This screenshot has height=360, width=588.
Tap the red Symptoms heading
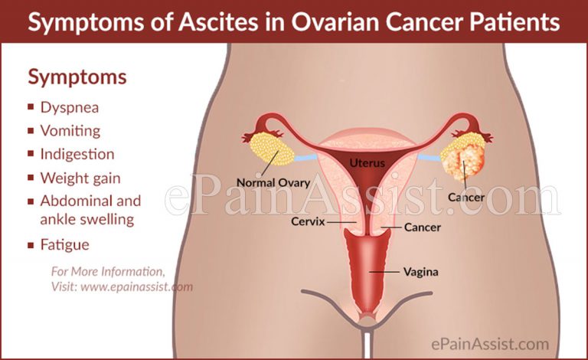coord(77,77)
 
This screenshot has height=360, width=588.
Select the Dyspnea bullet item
coord(71,108)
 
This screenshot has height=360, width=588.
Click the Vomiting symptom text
coord(70,131)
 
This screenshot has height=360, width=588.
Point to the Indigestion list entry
coord(77,155)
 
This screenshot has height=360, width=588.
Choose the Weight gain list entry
coord(80,178)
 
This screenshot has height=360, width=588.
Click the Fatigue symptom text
coord(65,245)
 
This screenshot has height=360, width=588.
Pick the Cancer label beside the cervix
coord(421,227)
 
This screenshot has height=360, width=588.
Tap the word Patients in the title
coord(514,22)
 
